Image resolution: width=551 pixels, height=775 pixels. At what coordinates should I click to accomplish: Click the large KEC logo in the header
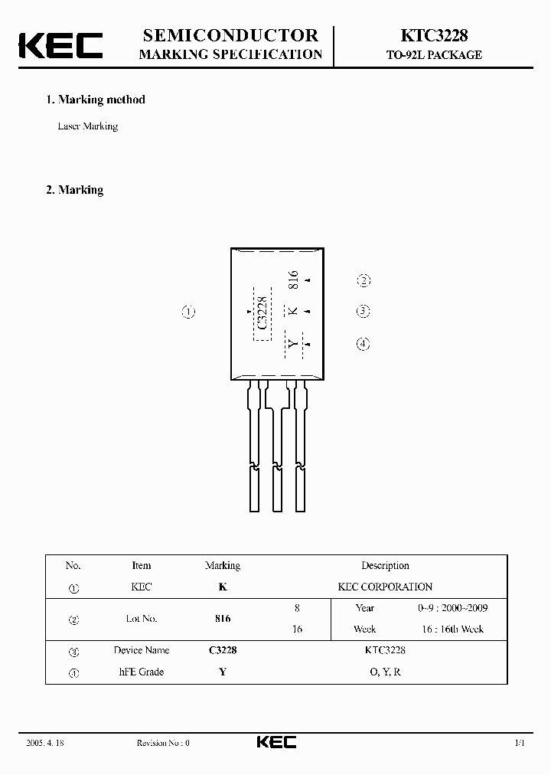pyautogui.click(x=60, y=45)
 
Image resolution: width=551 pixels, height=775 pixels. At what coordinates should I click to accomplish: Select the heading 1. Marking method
pyautogui.click(x=96, y=100)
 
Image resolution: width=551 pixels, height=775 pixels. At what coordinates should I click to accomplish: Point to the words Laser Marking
pyautogui.click(x=88, y=126)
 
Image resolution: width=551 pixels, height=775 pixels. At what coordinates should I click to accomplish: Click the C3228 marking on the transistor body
pyautogui.click(x=262, y=313)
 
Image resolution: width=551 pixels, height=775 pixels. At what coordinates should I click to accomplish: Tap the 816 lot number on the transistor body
pyautogui.click(x=292, y=280)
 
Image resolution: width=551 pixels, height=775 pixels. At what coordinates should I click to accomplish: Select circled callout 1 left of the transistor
pyautogui.click(x=189, y=312)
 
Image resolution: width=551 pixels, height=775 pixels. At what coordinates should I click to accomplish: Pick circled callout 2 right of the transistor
pyautogui.click(x=364, y=280)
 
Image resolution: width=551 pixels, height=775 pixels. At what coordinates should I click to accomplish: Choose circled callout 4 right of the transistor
pyautogui.click(x=364, y=344)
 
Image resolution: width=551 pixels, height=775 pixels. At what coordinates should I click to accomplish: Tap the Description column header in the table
pyautogui.click(x=385, y=566)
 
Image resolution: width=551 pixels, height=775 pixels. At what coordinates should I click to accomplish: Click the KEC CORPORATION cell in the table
pyautogui.click(x=385, y=587)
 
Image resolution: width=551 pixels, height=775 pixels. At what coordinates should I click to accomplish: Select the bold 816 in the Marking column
pyautogui.click(x=223, y=618)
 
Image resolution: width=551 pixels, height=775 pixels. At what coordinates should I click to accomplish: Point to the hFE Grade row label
pyautogui.click(x=142, y=672)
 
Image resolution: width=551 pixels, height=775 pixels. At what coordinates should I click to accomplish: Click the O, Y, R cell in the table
pyautogui.click(x=385, y=672)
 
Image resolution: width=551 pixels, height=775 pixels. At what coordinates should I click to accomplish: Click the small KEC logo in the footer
pyautogui.click(x=275, y=742)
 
